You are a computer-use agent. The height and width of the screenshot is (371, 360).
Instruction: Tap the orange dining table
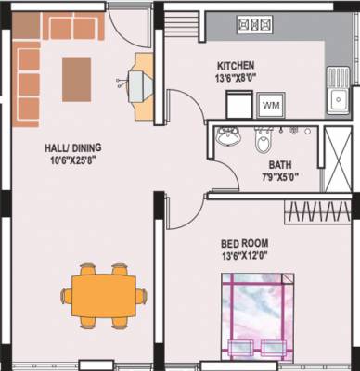[x=109, y=296]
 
